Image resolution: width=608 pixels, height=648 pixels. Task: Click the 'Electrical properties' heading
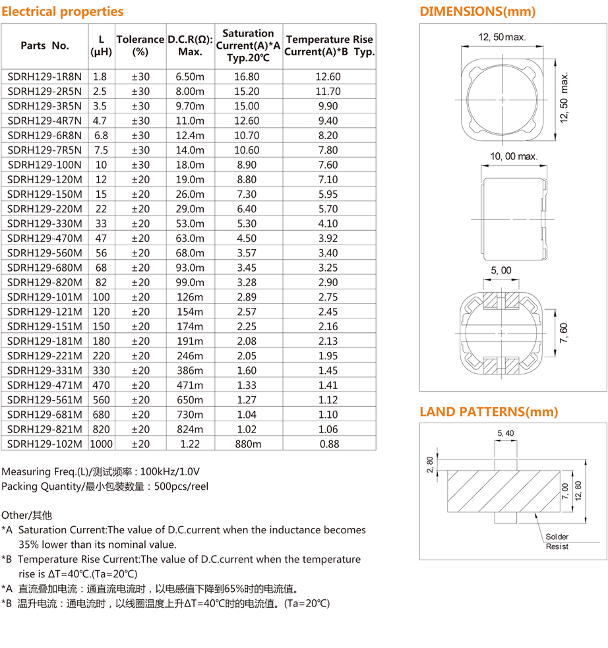coord(62,11)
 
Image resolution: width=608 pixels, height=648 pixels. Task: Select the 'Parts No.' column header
coord(44,45)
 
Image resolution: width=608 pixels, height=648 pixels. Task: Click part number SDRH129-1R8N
coord(44,76)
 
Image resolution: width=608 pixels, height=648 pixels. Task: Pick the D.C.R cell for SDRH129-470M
coord(190,238)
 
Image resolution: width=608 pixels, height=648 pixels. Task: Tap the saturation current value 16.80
coord(247,76)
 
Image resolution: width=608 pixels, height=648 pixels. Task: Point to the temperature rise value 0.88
coord(329,444)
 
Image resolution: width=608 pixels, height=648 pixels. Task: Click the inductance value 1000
coord(101,444)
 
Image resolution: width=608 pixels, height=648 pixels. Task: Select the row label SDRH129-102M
coord(44,444)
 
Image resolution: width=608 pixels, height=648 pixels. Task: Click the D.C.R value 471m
coord(190,385)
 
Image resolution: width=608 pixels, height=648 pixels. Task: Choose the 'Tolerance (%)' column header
coord(140,45)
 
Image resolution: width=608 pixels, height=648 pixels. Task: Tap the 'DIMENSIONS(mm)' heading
coord(477,11)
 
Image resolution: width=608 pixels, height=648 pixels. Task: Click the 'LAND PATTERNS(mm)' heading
coord(489,412)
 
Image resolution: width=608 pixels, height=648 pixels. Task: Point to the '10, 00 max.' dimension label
coord(514,156)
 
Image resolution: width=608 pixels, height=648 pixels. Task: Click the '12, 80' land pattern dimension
coord(578,491)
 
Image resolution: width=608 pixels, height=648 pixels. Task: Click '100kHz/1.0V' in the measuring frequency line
coord(169,471)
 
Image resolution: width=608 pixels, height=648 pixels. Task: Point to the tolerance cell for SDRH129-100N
coord(140,165)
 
